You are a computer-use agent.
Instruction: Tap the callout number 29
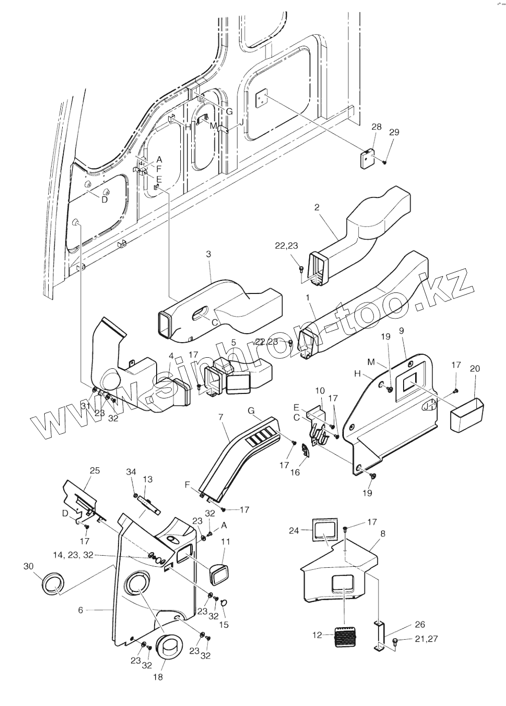click(x=394, y=132)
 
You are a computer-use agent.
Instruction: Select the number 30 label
click(x=29, y=566)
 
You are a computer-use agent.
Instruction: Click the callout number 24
click(x=294, y=530)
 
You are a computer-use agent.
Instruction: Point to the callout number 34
click(x=131, y=472)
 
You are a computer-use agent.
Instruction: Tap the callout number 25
click(x=94, y=470)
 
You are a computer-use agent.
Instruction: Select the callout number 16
click(x=295, y=472)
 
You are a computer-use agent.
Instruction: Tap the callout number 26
click(x=420, y=625)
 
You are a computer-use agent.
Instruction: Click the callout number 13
click(x=148, y=479)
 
